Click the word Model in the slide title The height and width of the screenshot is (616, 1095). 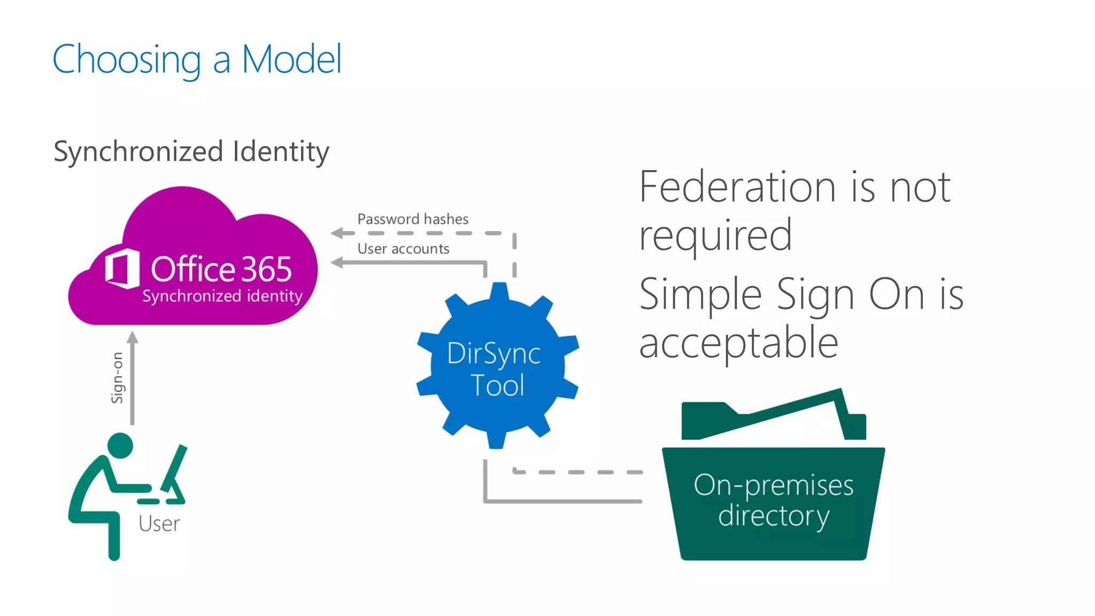[x=291, y=59]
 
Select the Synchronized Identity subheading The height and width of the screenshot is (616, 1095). [x=191, y=151]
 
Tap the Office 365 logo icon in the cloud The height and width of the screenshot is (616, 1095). [x=122, y=268]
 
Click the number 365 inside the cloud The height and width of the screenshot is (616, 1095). [x=266, y=269]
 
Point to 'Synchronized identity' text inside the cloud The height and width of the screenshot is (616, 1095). [x=222, y=296]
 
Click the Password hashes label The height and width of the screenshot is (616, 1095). [x=412, y=219]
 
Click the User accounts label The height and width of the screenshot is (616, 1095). [x=403, y=249]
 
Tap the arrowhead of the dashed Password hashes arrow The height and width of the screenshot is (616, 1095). [x=336, y=233]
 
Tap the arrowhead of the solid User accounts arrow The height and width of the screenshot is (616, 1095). [x=336, y=262]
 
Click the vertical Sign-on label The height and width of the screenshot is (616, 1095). [x=117, y=378]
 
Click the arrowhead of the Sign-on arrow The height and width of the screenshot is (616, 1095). [x=133, y=337]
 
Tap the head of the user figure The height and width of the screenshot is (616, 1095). [x=120, y=445]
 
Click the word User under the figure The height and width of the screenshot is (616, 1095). [x=159, y=523]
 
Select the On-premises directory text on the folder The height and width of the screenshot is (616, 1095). [x=773, y=500]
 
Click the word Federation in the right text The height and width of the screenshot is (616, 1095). [x=738, y=187]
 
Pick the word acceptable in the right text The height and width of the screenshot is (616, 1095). [x=738, y=343]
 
